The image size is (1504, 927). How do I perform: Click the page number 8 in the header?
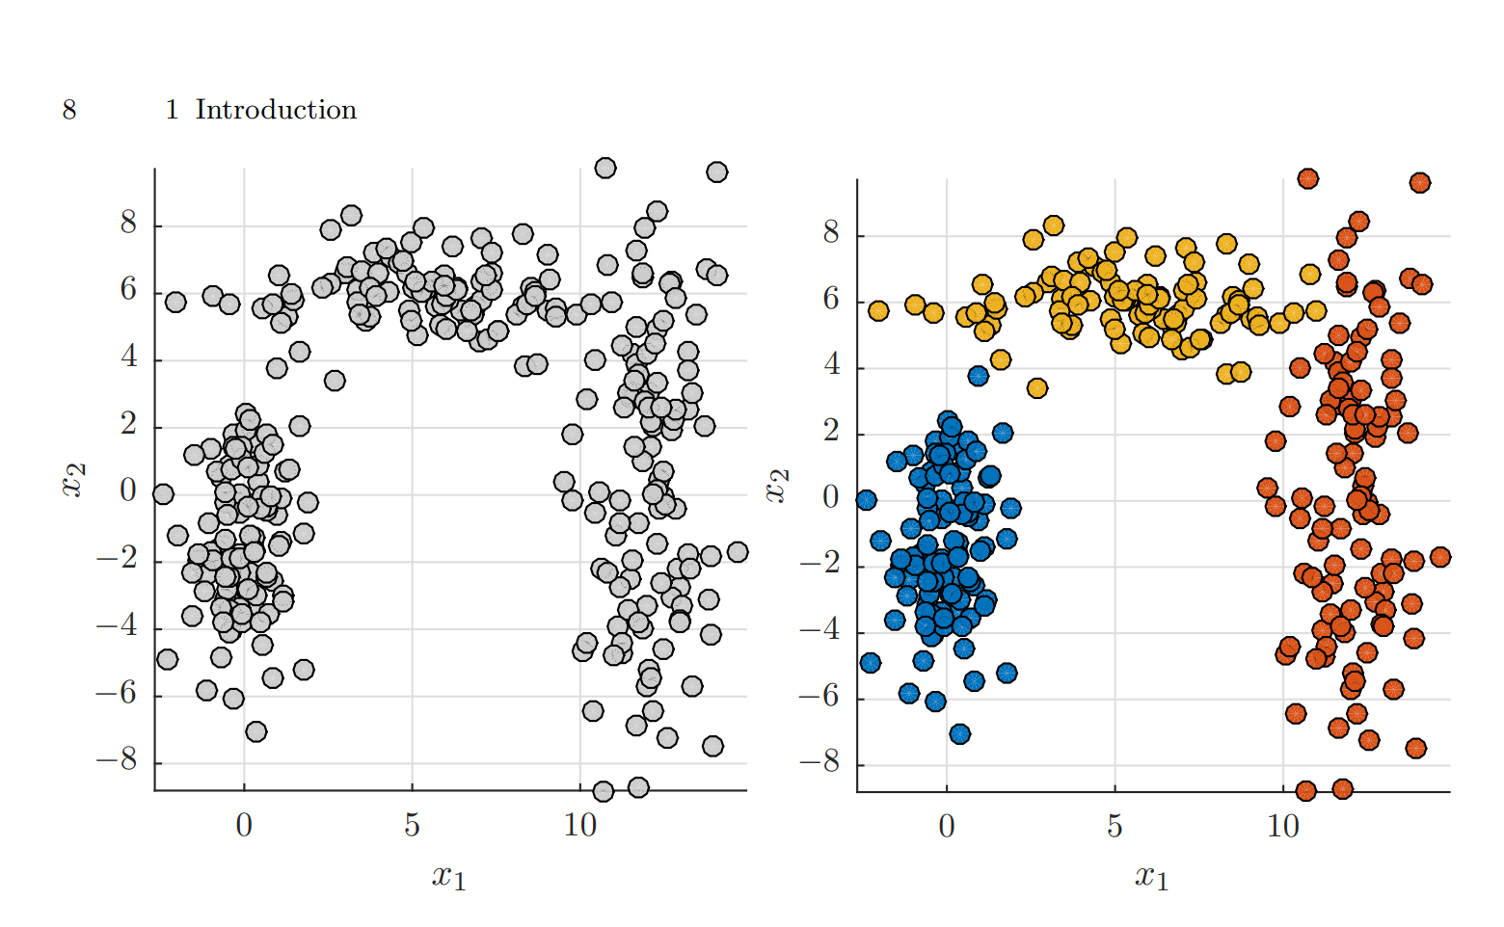click(69, 111)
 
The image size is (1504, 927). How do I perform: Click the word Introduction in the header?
click(276, 111)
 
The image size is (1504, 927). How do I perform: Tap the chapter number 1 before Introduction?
click(172, 111)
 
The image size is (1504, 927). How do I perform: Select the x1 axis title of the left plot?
click(448, 876)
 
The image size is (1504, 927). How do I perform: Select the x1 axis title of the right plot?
click(1151, 876)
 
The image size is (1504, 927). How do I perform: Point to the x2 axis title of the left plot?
click(73, 480)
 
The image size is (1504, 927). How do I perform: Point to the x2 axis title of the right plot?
click(776, 486)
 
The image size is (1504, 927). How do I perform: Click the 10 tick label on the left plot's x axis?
click(579, 826)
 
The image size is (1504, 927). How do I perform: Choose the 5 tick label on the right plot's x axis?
click(1115, 827)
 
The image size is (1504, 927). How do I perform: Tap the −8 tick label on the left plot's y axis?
click(116, 761)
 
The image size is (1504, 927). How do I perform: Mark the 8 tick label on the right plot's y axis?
click(830, 233)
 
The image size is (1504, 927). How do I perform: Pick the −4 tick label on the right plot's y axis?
click(819, 631)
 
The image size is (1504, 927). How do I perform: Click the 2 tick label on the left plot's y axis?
click(128, 426)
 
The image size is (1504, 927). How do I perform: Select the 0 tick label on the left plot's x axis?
click(244, 826)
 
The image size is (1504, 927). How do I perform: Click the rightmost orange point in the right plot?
click(1440, 557)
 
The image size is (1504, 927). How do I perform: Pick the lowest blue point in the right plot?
click(959, 734)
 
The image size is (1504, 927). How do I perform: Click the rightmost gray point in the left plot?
click(738, 552)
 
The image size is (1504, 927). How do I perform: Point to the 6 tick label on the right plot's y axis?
click(830, 300)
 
